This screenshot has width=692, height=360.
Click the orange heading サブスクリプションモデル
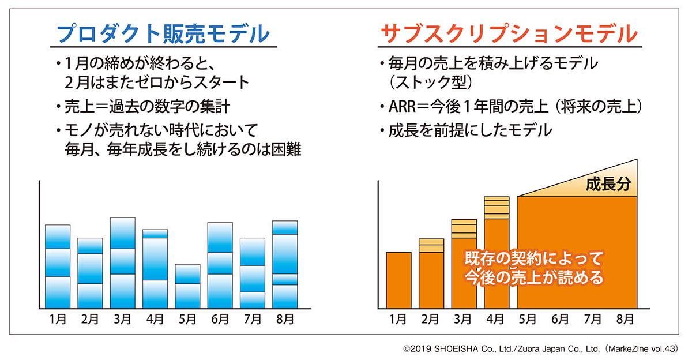click(x=509, y=33)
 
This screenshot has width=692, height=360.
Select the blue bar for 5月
click(x=187, y=286)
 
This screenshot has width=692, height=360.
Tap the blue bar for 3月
click(x=122, y=262)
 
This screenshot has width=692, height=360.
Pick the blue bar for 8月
click(x=285, y=264)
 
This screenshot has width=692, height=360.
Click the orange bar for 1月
click(x=398, y=280)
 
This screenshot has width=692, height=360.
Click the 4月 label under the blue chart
click(x=155, y=318)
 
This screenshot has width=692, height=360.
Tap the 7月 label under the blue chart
click(x=252, y=318)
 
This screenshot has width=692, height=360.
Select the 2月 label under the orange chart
click(x=431, y=318)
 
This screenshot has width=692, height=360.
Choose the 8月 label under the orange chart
click(x=625, y=318)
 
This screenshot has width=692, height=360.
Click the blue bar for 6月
click(x=220, y=265)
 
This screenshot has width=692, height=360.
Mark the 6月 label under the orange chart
click(x=561, y=318)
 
